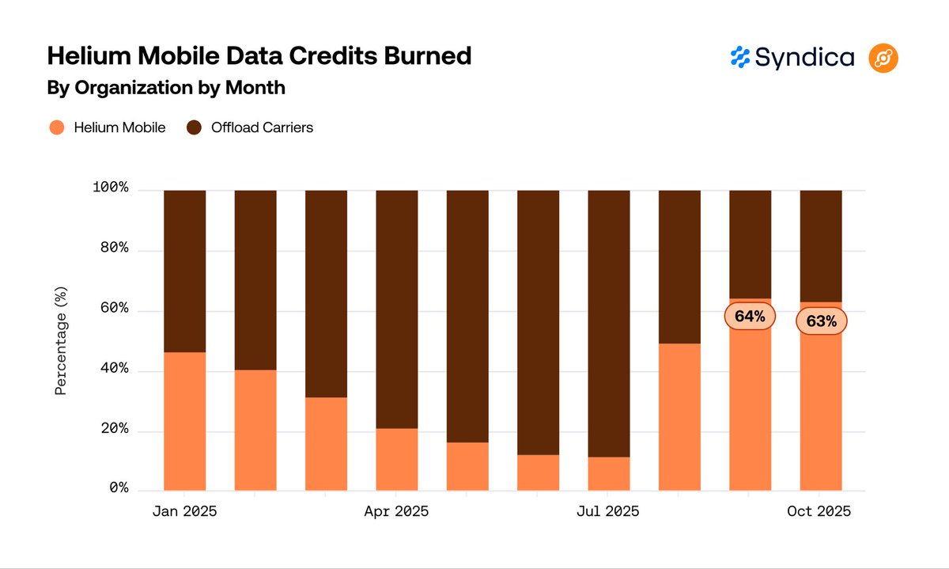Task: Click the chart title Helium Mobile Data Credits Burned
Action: point(259,56)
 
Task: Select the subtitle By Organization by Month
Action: point(166,88)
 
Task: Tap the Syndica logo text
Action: point(804,57)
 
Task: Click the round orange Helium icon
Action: point(883,58)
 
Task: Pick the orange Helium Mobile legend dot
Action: point(56,127)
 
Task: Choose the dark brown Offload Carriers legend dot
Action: point(194,127)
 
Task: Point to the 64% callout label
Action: point(750,317)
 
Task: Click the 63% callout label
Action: point(821,321)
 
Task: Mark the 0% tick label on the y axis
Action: point(118,489)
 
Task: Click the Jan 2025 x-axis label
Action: point(184,512)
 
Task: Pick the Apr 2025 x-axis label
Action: point(396,512)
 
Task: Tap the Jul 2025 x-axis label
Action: point(607,512)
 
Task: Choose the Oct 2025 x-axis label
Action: point(820,512)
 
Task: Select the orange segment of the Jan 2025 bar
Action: point(184,421)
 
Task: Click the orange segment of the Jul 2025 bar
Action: point(608,473)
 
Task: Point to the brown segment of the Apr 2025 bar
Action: point(396,309)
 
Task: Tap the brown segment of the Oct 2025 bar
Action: point(820,245)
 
